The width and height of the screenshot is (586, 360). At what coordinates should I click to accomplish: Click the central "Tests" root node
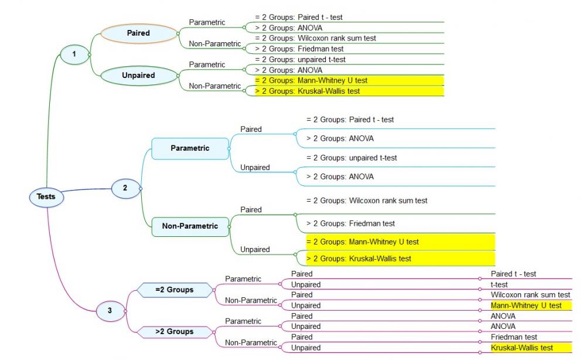coord(46,196)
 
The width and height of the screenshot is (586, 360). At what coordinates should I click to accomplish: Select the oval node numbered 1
coord(74,54)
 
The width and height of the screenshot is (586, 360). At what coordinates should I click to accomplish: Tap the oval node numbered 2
coord(125,188)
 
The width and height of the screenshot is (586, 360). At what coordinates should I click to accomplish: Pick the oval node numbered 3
coord(110,311)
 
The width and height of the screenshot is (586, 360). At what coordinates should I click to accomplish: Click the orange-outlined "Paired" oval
coord(139,33)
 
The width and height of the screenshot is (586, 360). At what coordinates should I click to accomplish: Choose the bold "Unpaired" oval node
coord(139,76)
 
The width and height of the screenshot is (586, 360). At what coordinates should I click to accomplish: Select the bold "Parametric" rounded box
coord(190,148)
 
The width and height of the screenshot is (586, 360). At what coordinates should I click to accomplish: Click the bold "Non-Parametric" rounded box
coord(190,226)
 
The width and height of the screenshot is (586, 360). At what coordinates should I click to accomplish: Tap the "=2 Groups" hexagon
coord(175,290)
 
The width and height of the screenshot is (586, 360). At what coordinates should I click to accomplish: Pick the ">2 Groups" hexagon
coord(175,332)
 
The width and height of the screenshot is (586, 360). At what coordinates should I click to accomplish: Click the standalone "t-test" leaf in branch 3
coord(499,284)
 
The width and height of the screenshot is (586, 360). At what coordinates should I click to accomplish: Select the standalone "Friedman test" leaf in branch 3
coord(514,337)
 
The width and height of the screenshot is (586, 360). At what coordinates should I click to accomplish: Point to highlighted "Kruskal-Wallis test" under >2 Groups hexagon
coord(522,348)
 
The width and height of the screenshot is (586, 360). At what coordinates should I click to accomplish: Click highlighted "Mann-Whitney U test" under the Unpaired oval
coord(311,80)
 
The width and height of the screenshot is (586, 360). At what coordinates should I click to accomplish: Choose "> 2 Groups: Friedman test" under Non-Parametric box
coord(350,223)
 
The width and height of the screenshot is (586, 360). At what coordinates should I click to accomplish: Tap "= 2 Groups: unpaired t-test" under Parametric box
coord(352,158)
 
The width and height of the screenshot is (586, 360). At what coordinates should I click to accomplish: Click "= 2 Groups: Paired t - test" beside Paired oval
coord(299,17)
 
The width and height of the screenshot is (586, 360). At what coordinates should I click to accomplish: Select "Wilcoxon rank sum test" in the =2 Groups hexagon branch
coord(530,294)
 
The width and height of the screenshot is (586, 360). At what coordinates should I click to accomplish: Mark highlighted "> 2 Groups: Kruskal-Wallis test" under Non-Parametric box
coord(359,259)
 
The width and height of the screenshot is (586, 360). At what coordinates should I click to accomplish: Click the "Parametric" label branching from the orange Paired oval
coord(207,22)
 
